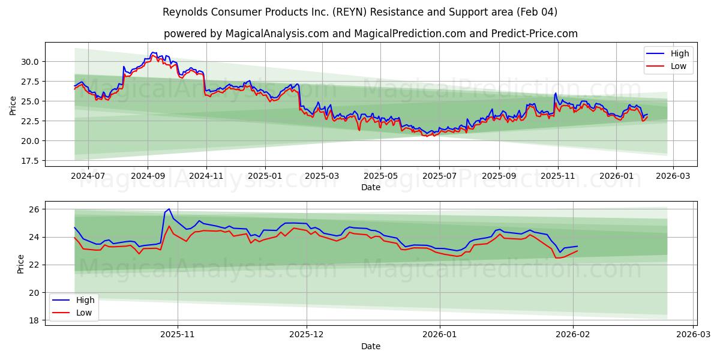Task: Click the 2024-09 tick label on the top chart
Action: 148,176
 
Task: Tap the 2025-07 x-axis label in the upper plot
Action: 439,176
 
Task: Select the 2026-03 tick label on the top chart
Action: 673,176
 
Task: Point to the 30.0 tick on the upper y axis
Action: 30,62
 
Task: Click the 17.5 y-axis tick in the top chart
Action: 30,161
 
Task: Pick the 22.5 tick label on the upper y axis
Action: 30,121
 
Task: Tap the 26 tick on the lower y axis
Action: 34,209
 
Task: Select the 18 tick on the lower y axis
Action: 34,320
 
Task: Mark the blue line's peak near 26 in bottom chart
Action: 169,209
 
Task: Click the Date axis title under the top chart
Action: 370,187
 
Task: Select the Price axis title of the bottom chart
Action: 21,264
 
